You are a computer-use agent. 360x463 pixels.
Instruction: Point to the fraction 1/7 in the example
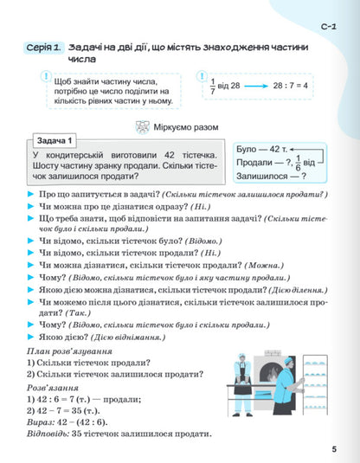pyautogui.click(x=213, y=87)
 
